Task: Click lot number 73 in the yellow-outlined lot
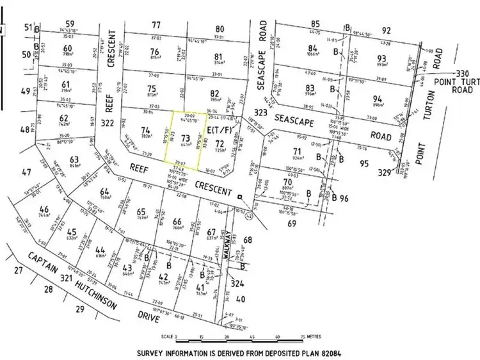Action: (x=186, y=138)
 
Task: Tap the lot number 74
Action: (x=145, y=129)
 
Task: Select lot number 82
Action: (x=214, y=92)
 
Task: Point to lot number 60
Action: (x=67, y=47)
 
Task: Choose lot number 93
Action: (x=382, y=58)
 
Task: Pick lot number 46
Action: (x=44, y=209)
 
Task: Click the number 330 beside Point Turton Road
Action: (x=463, y=75)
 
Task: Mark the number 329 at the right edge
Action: (x=401, y=172)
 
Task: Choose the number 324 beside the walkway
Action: (x=237, y=282)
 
